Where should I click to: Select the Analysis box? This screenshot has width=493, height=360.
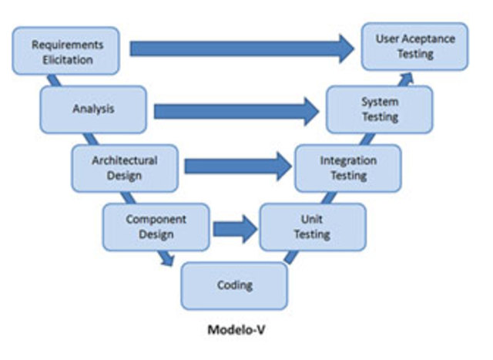[x=92, y=109]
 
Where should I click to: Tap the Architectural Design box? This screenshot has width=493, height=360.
[x=124, y=168]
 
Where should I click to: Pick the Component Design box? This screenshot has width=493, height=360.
[x=156, y=227]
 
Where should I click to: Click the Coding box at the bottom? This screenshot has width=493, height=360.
[x=234, y=285]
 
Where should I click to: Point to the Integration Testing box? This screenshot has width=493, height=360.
[x=347, y=168]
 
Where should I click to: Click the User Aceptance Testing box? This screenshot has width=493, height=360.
[x=415, y=46]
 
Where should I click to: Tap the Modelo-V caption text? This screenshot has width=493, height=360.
[x=236, y=330]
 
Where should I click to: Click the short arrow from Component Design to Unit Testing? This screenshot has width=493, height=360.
[x=234, y=228]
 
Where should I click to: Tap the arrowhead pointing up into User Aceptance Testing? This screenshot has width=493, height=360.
[x=406, y=77]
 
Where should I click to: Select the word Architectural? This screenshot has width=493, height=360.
[x=124, y=160]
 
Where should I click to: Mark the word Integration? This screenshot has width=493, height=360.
[x=348, y=161]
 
